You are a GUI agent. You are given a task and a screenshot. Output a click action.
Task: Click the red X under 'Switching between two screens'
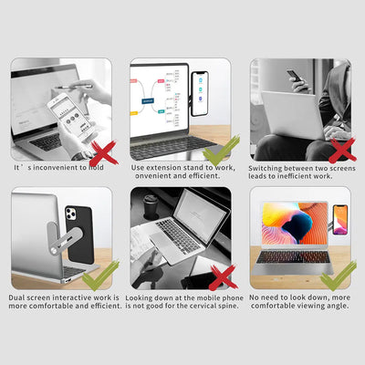point(339,148)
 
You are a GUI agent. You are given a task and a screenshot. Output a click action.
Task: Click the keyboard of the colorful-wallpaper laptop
point(289,257)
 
